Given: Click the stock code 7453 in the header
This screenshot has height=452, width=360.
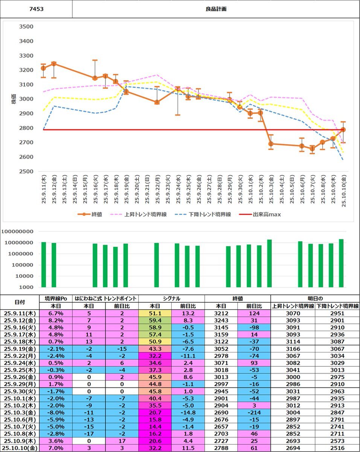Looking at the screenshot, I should click(x=36, y=8).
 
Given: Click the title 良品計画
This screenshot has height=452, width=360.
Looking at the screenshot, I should click(x=216, y=8).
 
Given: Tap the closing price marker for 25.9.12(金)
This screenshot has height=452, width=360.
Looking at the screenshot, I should click(x=54, y=64).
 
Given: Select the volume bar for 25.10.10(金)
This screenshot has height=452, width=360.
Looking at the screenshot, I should click(x=341, y=263).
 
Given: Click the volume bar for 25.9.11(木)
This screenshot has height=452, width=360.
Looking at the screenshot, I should click(x=44, y=264).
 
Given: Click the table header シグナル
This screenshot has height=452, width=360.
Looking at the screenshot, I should click(x=171, y=299).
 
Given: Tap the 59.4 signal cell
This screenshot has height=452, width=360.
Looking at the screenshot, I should click(x=155, y=320).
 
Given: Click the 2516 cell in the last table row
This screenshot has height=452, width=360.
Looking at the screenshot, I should click(x=337, y=448).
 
